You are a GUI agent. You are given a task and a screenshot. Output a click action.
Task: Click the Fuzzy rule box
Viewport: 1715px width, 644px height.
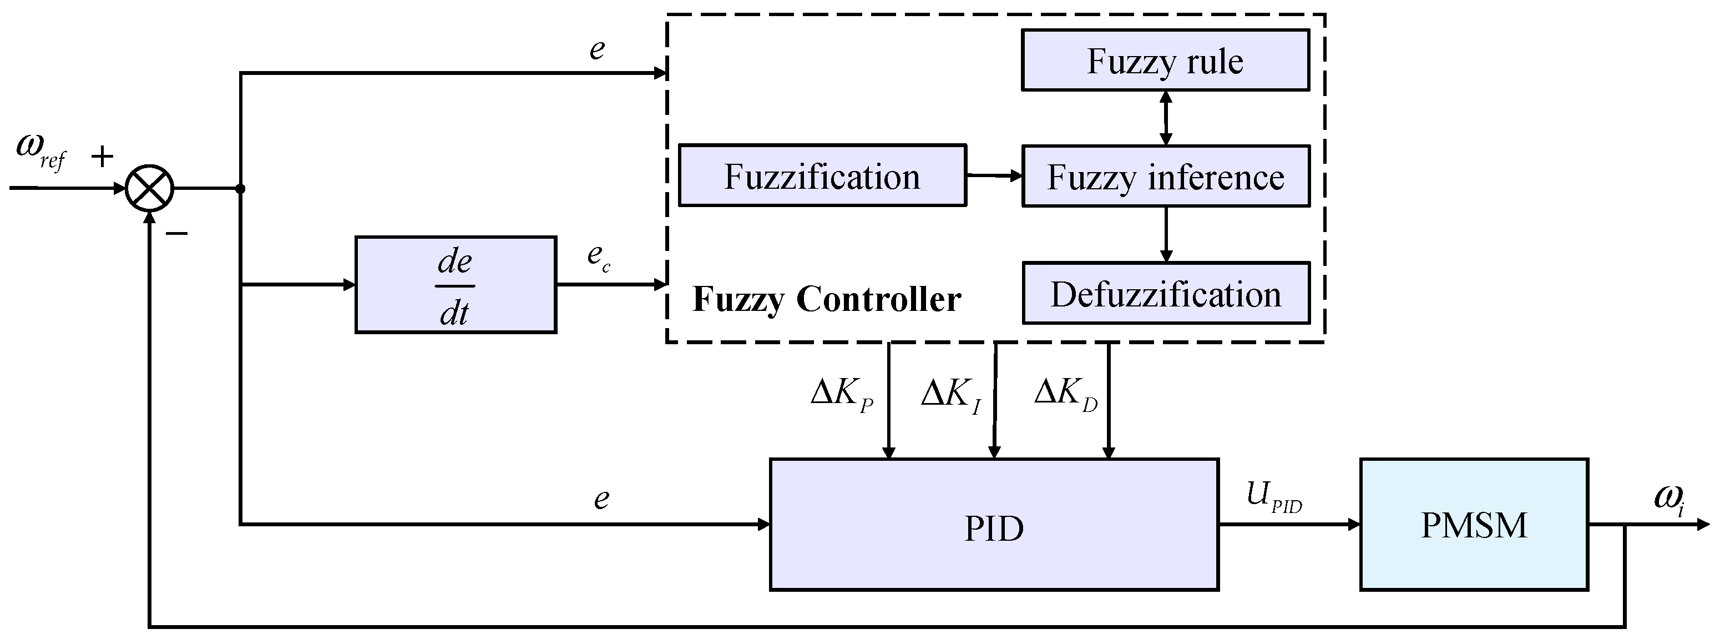[x=1165, y=60]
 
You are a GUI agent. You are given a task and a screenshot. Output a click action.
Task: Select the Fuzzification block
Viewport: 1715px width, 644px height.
[x=822, y=175]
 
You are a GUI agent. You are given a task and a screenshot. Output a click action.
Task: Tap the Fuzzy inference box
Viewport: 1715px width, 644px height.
[x=1166, y=177]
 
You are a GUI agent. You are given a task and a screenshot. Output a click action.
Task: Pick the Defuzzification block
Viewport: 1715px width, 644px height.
[x=1166, y=293]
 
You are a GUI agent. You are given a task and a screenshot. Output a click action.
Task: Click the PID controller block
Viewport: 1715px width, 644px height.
[x=994, y=524]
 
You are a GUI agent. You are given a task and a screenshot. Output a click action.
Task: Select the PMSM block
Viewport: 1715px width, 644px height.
[x=1474, y=524]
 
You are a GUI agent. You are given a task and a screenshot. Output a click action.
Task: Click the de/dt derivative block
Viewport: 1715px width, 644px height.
[x=456, y=284]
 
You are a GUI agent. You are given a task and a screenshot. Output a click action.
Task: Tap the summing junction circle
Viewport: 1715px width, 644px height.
[x=150, y=188]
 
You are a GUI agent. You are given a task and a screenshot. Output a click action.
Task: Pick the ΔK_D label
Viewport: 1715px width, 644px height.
[x=1066, y=394]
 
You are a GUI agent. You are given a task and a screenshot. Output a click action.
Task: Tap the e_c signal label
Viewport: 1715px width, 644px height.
[x=599, y=257]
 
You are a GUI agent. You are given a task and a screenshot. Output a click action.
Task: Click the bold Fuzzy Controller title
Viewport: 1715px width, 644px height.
[x=827, y=299]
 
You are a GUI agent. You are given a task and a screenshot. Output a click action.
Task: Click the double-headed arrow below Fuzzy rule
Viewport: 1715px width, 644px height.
[x=1166, y=118]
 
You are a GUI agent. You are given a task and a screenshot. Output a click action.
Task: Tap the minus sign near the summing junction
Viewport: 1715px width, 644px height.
[x=177, y=233]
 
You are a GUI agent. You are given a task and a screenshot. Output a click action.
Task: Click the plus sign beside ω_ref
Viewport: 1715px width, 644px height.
[x=102, y=157]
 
